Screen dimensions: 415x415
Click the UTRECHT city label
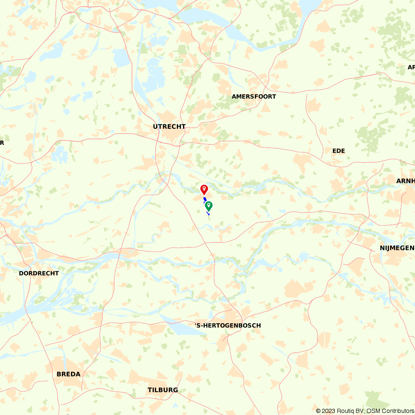[169, 127]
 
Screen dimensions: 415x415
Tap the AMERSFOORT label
[254, 96]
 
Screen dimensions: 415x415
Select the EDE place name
[339, 151]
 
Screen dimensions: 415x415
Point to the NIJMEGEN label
[397, 248]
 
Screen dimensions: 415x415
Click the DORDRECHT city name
[39, 273]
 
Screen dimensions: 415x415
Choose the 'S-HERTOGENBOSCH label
[228, 325]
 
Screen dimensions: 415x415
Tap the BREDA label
[68, 374]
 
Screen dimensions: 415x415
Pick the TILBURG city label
[163, 390]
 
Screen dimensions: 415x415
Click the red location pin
[204, 189]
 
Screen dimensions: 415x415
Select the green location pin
[209, 205]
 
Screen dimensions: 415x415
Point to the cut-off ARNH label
[405, 181]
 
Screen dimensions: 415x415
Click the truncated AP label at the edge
[411, 67]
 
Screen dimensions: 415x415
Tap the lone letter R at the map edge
[2, 143]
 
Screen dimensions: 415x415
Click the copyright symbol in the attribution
[318, 411]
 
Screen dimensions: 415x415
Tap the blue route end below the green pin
[208, 214]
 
